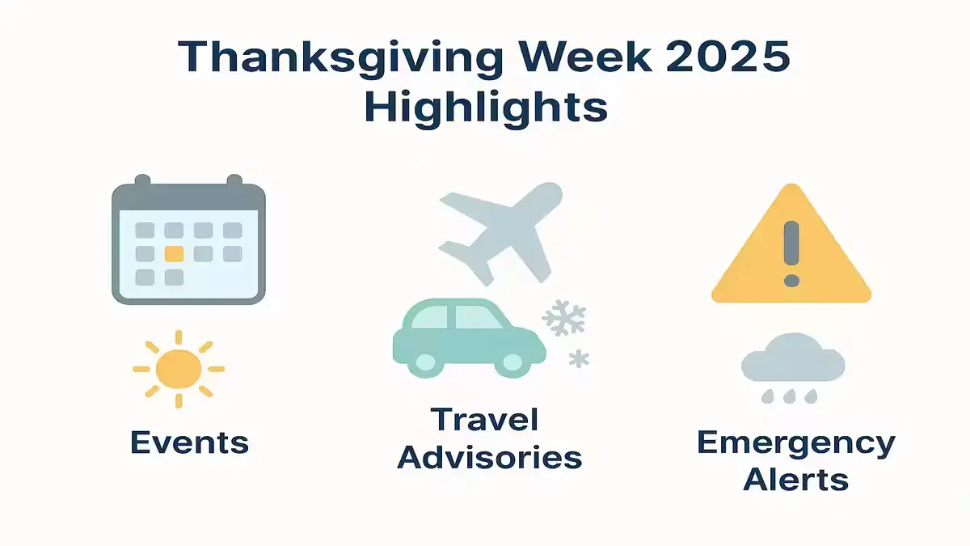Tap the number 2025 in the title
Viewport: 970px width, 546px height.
point(728,57)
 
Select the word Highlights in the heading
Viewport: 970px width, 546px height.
point(486,108)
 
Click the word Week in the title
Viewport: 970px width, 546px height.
point(585,57)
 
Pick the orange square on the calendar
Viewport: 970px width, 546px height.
point(174,254)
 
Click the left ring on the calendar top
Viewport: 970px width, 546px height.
point(142,181)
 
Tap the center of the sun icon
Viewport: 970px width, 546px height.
point(179,369)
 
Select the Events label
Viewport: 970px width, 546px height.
point(190,442)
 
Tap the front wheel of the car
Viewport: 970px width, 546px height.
point(512,362)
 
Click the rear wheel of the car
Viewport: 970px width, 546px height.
point(425,362)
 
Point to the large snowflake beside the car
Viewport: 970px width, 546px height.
point(564,318)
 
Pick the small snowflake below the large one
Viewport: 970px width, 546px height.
point(579,359)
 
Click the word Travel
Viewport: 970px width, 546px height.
point(485,419)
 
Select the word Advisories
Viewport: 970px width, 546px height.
point(490,457)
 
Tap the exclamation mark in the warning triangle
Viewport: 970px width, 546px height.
point(791,253)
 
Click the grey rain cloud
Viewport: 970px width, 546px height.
point(793,358)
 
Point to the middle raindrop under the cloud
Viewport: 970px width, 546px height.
point(789,396)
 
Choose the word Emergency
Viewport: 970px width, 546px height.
point(796,444)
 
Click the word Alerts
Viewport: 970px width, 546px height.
point(796,479)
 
